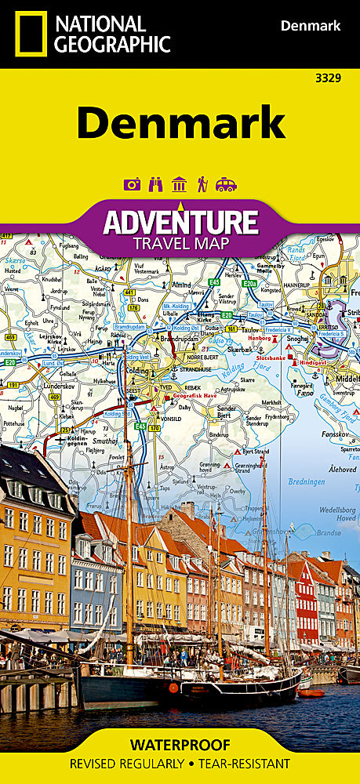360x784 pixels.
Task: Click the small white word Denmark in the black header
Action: click(x=311, y=26)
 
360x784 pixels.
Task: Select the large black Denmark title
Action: click(x=180, y=123)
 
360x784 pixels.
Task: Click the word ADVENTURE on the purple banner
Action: click(x=180, y=222)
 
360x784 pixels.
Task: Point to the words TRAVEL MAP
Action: click(x=180, y=243)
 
